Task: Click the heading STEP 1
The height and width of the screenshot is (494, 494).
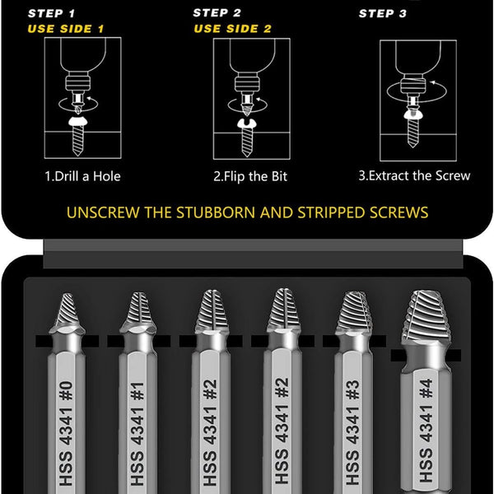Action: (51, 13)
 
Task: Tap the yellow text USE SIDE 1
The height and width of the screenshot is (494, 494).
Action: (66, 29)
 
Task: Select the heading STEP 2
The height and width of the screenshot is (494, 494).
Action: (217, 13)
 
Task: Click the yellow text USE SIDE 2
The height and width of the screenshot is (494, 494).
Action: (232, 29)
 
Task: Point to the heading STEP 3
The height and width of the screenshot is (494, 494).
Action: (383, 13)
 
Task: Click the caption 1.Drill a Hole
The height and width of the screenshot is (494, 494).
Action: (82, 176)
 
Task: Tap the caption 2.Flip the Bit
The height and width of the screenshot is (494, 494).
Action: (250, 176)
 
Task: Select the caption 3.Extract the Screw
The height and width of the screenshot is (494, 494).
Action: (414, 176)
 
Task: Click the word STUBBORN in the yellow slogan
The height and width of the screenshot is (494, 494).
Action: (216, 212)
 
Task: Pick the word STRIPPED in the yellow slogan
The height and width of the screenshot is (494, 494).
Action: (332, 212)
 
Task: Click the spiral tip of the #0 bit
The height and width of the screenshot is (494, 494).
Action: (68, 311)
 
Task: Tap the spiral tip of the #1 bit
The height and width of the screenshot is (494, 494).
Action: (138, 311)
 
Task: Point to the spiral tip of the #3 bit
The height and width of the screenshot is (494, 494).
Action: (354, 311)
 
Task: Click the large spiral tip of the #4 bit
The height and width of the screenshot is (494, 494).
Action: (426, 317)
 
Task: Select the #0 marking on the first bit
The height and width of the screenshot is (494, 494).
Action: (66, 391)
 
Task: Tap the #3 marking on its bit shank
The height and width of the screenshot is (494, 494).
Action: (353, 390)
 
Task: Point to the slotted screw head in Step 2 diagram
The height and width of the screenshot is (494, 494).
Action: (247, 123)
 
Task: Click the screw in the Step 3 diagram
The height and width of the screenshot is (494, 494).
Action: (412, 127)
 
